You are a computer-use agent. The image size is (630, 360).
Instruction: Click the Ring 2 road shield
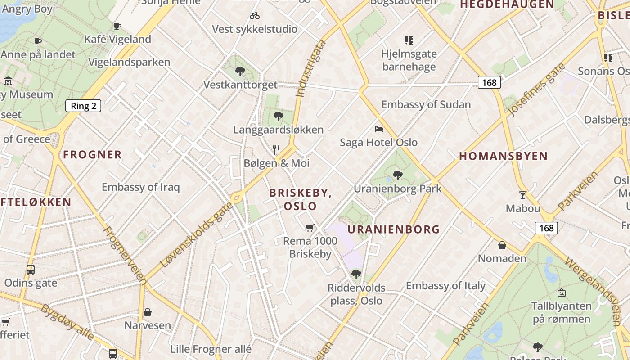83,106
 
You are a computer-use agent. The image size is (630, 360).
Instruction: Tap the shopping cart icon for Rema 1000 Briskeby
310,228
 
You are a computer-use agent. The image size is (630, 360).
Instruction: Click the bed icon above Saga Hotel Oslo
379,129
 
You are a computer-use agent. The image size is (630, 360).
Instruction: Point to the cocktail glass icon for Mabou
522,195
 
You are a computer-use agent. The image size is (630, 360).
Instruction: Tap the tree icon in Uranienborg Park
397,175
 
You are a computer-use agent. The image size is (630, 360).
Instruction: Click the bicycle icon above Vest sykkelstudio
255,16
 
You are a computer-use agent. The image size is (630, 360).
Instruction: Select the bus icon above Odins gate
31,270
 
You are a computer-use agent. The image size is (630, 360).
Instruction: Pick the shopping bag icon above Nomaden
502,245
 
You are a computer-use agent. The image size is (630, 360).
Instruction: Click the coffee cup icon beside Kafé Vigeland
117,26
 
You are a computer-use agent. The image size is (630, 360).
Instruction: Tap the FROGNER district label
92,155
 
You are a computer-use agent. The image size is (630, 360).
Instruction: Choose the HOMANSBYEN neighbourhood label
503,156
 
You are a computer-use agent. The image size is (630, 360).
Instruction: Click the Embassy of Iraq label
140,187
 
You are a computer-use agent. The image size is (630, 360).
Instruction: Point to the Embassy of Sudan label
426,104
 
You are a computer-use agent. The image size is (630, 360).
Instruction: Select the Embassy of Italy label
445,286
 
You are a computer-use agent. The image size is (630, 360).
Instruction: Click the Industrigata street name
310,69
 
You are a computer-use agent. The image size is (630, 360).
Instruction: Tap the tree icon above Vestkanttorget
240,71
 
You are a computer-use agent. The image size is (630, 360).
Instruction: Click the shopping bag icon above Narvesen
148,312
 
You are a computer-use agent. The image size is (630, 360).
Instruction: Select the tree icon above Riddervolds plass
356,274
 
